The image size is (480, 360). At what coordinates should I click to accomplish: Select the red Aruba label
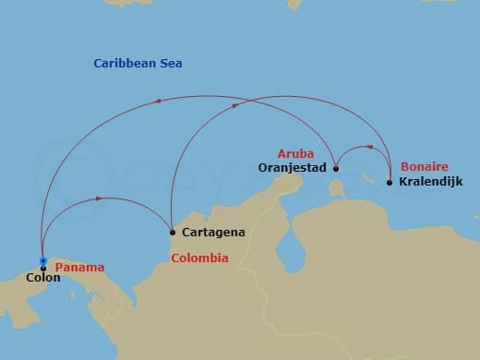[296, 152]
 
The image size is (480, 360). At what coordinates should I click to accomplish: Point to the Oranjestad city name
[292, 167]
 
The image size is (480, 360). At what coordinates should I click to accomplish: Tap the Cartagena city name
[213, 232]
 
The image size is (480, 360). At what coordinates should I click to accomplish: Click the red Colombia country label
[199, 258]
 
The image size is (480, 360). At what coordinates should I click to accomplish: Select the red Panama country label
[79, 268]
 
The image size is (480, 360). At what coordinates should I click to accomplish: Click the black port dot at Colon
[43, 268]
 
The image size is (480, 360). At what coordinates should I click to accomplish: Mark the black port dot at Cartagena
[172, 232]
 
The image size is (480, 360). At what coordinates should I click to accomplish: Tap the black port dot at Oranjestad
[335, 169]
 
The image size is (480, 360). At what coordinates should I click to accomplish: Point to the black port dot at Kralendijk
[390, 183]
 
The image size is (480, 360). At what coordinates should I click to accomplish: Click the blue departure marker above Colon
[43, 259]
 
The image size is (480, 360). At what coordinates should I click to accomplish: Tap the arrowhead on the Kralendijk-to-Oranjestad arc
[369, 147]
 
